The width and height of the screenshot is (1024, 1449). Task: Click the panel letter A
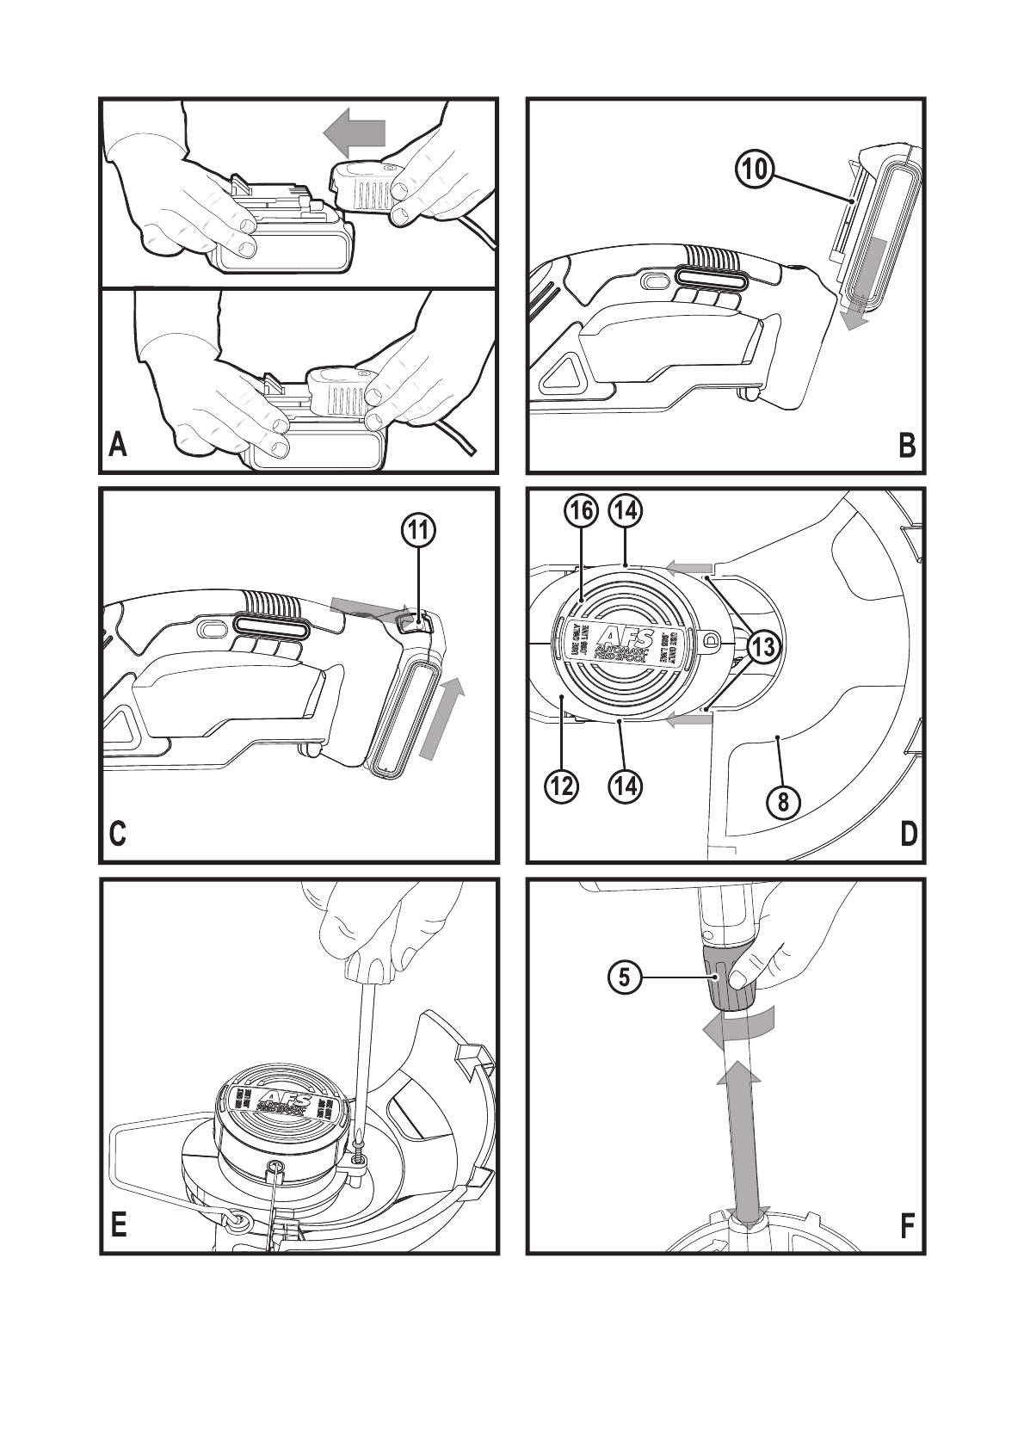coord(118,445)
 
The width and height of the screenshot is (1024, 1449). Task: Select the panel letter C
coord(118,834)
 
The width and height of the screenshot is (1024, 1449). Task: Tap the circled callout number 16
coord(580,510)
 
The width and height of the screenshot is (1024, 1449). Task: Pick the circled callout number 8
coord(783,803)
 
